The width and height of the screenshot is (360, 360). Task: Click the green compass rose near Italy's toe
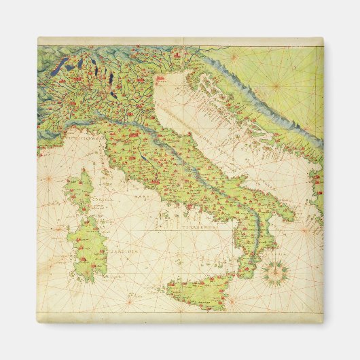tap(275, 272)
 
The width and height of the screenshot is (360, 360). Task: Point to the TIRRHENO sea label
tap(197, 227)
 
